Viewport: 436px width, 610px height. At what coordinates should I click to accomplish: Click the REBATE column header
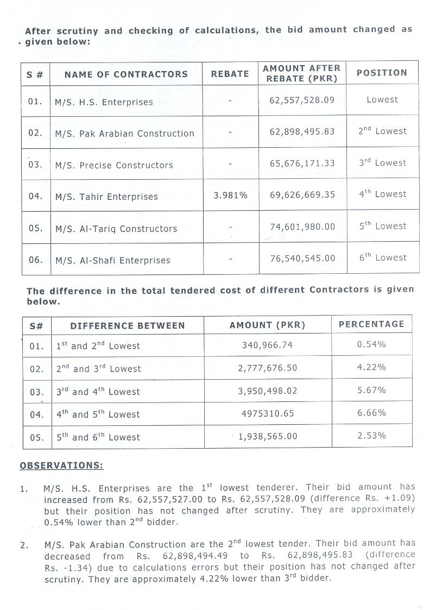tap(230, 74)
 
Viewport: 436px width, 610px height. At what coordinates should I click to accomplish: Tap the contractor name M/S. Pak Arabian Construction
tap(124, 134)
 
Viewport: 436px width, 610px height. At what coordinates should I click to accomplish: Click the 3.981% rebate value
tap(230, 195)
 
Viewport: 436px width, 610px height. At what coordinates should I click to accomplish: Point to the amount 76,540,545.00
tap(302, 259)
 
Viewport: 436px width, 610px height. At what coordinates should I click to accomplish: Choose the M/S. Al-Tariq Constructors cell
tap(116, 229)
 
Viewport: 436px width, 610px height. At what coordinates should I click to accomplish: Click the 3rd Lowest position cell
tap(382, 163)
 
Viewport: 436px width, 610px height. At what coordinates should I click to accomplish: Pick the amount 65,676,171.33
tap(302, 163)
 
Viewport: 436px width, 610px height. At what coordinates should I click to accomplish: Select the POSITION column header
tap(381, 73)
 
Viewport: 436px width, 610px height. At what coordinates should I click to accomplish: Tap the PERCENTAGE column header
tap(371, 324)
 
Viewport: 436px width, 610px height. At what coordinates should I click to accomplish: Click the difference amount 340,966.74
tap(268, 345)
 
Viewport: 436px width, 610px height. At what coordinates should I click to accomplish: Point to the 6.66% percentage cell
tap(371, 413)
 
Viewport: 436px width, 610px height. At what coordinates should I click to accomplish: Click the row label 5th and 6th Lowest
tap(98, 437)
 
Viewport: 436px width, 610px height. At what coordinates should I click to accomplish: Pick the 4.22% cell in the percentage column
tap(371, 367)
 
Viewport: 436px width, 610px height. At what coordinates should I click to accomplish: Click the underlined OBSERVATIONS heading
tap(61, 466)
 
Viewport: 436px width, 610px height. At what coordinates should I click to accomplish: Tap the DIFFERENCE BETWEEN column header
tap(128, 326)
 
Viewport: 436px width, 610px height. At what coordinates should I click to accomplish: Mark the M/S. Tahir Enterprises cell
tap(106, 197)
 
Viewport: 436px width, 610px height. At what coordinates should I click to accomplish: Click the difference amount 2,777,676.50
tap(268, 368)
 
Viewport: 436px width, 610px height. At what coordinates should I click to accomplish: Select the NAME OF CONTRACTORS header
tap(126, 74)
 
